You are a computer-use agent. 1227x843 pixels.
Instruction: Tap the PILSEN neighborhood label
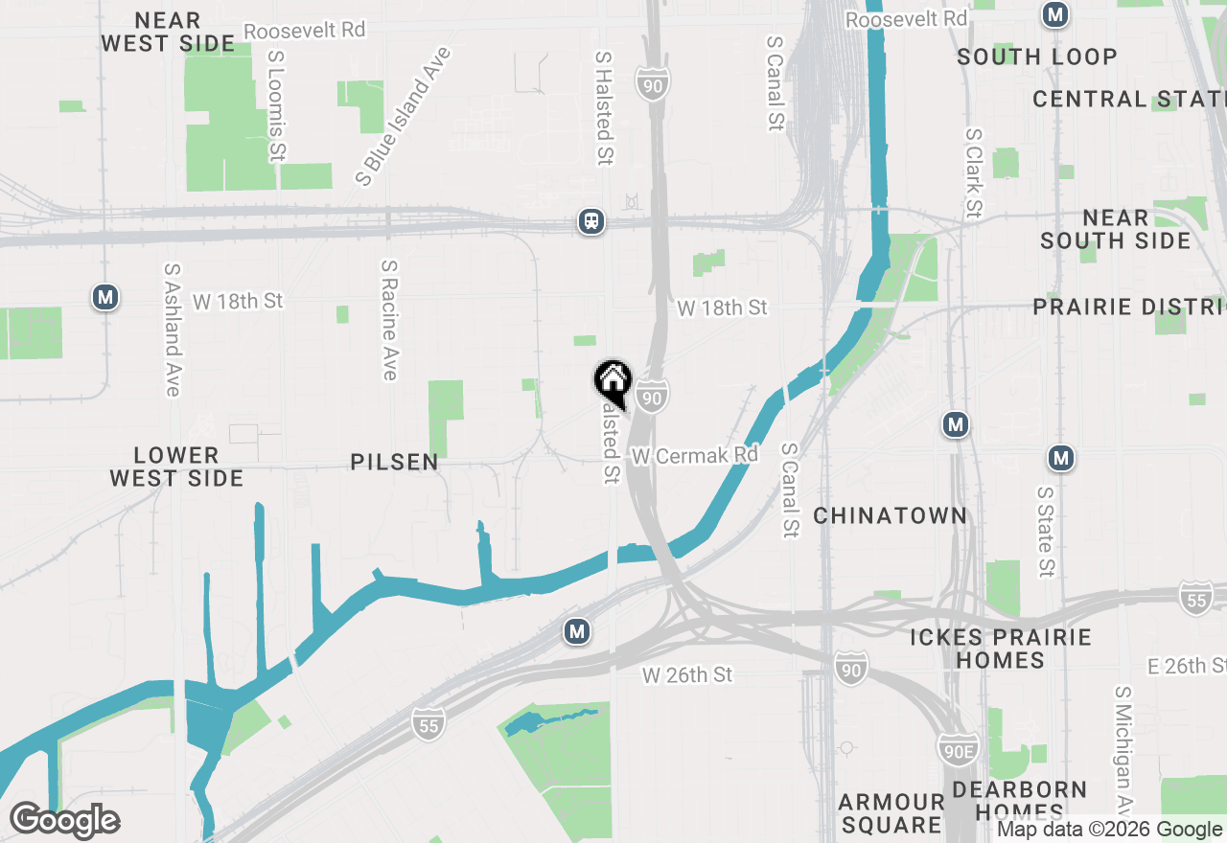click(x=394, y=462)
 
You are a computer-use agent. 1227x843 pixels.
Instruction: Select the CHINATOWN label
click(x=890, y=515)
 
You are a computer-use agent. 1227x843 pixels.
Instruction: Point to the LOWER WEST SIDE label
click(x=176, y=467)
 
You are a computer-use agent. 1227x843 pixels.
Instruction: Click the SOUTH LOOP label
click(x=1037, y=57)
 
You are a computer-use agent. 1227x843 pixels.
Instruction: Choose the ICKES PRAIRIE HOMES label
click(x=1001, y=649)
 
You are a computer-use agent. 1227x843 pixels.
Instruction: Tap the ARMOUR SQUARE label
click(x=891, y=812)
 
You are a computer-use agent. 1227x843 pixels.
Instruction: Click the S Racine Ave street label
click(x=388, y=319)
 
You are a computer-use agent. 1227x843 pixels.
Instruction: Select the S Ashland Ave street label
click(x=173, y=330)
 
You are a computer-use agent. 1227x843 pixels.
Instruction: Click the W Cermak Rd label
click(x=694, y=455)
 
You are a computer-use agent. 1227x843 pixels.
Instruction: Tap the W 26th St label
click(x=687, y=675)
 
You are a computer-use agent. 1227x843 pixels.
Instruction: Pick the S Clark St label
click(x=974, y=172)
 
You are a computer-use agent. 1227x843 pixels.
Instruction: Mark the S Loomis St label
click(x=277, y=105)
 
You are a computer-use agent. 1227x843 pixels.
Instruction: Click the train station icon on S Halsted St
click(x=591, y=221)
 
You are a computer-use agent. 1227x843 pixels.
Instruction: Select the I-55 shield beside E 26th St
click(x=1196, y=596)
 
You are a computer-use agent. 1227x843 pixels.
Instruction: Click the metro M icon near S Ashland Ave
click(x=105, y=297)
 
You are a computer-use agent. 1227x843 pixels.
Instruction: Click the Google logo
click(x=64, y=820)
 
